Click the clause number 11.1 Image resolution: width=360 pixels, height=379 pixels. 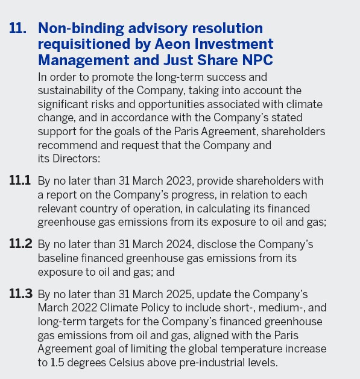click(20, 181)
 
